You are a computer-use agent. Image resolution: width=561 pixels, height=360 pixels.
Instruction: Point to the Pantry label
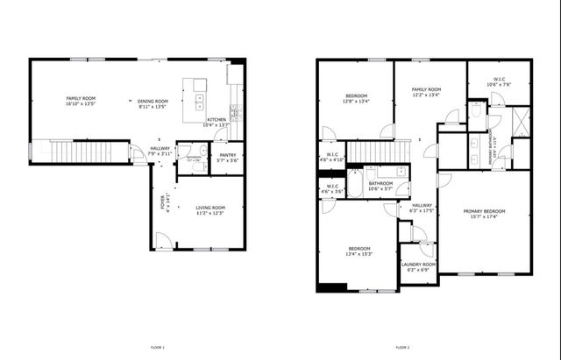pyautogui.click(x=227, y=158)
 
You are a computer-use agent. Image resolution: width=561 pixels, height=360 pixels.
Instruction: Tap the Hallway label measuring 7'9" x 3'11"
pyautogui.click(x=160, y=152)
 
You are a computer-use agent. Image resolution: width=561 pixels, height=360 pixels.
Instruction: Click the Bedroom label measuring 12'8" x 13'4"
pyautogui.click(x=356, y=98)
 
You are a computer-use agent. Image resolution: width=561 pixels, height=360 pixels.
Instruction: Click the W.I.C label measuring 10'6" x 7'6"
pyautogui.click(x=498, y=82)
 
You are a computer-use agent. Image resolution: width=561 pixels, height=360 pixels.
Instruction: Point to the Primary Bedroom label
pyautogui.click(x=484, y=213)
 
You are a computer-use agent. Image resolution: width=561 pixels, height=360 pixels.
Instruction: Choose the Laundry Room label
pyautogui.click(x=418, y=266)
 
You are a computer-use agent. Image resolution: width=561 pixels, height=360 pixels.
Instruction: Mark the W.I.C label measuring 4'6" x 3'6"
pyautogui.click(x=330, y=188)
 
